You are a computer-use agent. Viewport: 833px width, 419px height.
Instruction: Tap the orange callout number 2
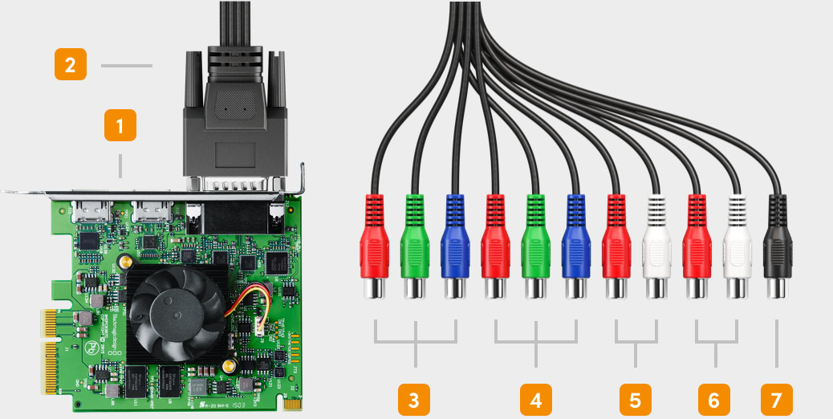71,64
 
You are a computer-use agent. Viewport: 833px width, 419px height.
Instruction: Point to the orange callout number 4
535,399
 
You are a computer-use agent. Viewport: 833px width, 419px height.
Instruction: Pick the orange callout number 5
636,399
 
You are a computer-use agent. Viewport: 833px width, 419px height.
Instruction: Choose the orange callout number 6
714,399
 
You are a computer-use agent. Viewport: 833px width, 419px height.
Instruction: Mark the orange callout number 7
776,399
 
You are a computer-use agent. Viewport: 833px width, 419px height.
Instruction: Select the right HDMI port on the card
150,212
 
